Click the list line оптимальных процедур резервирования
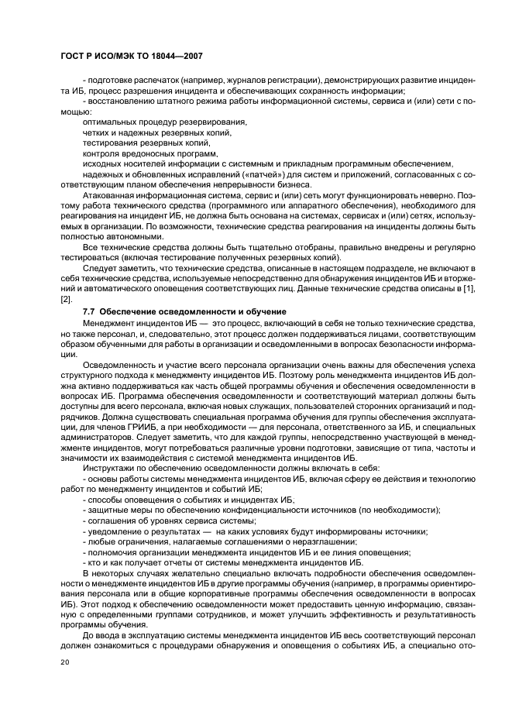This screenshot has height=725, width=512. coord(163,122)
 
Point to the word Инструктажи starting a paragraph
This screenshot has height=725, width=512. coord(108,469)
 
